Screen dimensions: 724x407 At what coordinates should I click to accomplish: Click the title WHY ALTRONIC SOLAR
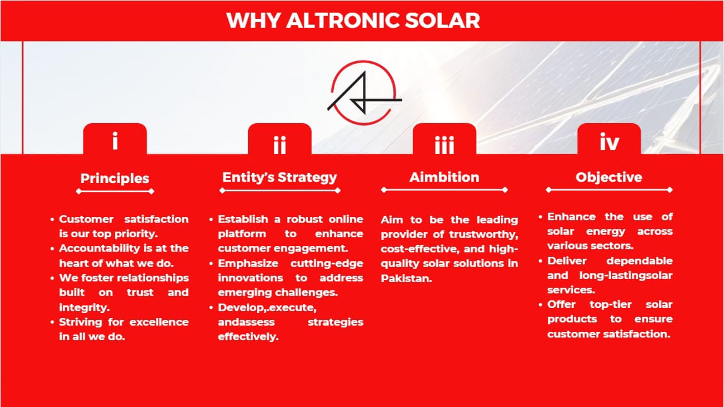click(353, 21)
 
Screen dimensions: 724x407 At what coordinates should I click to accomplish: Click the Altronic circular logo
click(364, 92)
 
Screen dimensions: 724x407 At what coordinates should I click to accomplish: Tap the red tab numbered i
click(115, 139)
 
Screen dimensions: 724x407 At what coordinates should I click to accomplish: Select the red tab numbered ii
click(280, 139)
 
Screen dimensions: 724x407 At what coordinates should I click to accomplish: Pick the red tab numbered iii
click(444, 139)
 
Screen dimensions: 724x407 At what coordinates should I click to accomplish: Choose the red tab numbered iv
click(609, 139)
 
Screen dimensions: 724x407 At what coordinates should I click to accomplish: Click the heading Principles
click(114, 179)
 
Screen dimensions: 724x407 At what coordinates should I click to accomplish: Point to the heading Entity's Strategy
click(280, 177)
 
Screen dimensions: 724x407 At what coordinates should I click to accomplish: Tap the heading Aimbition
click(444, 177)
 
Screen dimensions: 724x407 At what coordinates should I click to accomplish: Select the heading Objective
click(609, 177)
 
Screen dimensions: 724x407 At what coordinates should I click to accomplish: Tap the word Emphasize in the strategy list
click(248, 264)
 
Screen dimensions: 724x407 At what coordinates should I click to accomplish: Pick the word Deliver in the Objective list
click(567, 261)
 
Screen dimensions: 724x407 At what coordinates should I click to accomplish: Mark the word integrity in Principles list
click(85, 307)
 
